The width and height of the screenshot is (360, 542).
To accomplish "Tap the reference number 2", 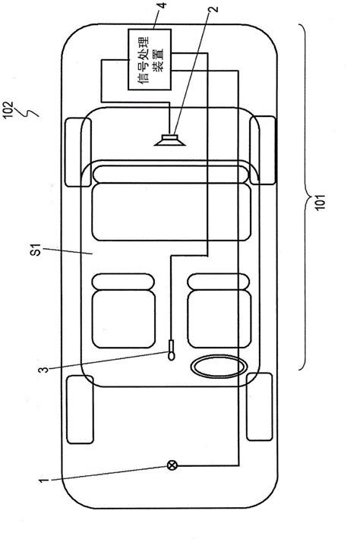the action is pos(214,8).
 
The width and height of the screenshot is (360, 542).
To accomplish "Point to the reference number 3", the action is pos(43,370).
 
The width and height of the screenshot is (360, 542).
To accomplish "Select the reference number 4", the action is pos(162,5).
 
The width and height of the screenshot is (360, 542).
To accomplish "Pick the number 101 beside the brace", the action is pos(321,202).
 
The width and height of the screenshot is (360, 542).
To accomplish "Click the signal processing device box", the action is pos(150,59).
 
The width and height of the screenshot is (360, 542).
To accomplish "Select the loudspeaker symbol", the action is pos(170,140).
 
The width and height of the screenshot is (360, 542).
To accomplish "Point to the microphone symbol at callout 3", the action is pos(171,350).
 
